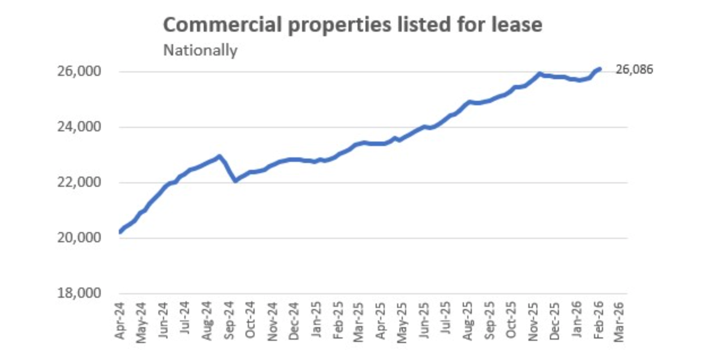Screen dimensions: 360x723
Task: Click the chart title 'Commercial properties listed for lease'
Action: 352,25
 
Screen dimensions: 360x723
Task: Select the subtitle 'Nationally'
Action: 200,50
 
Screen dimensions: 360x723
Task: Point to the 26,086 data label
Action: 634,70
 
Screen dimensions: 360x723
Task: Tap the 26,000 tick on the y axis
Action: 84,72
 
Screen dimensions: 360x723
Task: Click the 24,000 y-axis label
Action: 84,127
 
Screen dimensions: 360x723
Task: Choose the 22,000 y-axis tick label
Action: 84,183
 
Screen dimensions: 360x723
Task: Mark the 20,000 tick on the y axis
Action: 84,238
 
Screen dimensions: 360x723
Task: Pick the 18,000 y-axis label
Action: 84,293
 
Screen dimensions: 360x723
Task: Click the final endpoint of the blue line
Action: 600,69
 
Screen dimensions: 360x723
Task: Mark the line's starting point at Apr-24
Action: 120,232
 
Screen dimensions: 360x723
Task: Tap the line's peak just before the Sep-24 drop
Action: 219,156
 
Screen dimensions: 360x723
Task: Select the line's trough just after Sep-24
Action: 235,181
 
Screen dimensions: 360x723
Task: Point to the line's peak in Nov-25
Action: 539,74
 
